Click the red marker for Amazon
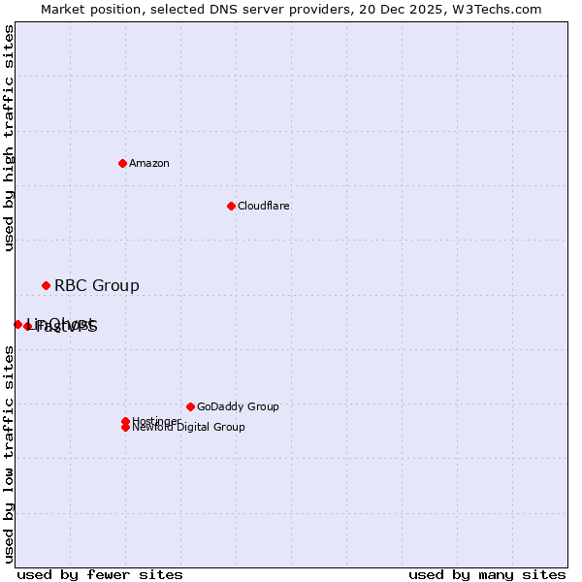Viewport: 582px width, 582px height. point(122,163)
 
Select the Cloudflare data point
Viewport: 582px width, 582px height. point(231,206)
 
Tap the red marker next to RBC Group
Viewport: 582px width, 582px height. point(46,285)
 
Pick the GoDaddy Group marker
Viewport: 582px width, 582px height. point(190,406)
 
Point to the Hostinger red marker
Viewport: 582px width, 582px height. point(125,421)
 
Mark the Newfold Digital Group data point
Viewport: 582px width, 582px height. point(125,428)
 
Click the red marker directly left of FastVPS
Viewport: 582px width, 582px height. point(27,327)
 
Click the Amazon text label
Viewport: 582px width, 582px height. point(148,163)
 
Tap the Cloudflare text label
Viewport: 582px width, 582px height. point(263,206)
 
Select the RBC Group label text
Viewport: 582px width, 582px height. point(96,285)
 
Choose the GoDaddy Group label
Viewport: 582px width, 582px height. point(237,406)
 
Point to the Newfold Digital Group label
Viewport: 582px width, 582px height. point(188,428)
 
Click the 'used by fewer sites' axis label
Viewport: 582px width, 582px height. point(100,574)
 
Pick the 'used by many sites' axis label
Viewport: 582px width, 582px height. point(487,574)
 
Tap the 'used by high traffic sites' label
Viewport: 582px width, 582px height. point(9,138)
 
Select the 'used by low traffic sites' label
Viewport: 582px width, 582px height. point(9,454)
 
